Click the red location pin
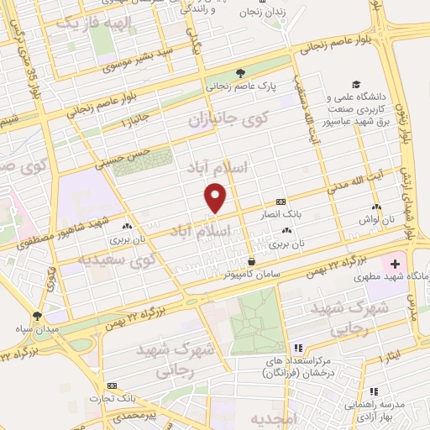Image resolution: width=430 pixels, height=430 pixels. tap(216, 198)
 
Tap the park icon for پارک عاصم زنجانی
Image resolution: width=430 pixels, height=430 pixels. tap(241, 73)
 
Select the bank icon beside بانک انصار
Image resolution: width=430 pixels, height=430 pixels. tap(281, 202)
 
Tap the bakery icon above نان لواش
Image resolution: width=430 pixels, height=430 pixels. tap(375, 207)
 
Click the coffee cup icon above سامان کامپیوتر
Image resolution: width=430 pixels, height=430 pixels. tap(251, 260)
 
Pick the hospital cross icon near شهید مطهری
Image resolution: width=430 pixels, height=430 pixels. tap(396, 264)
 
